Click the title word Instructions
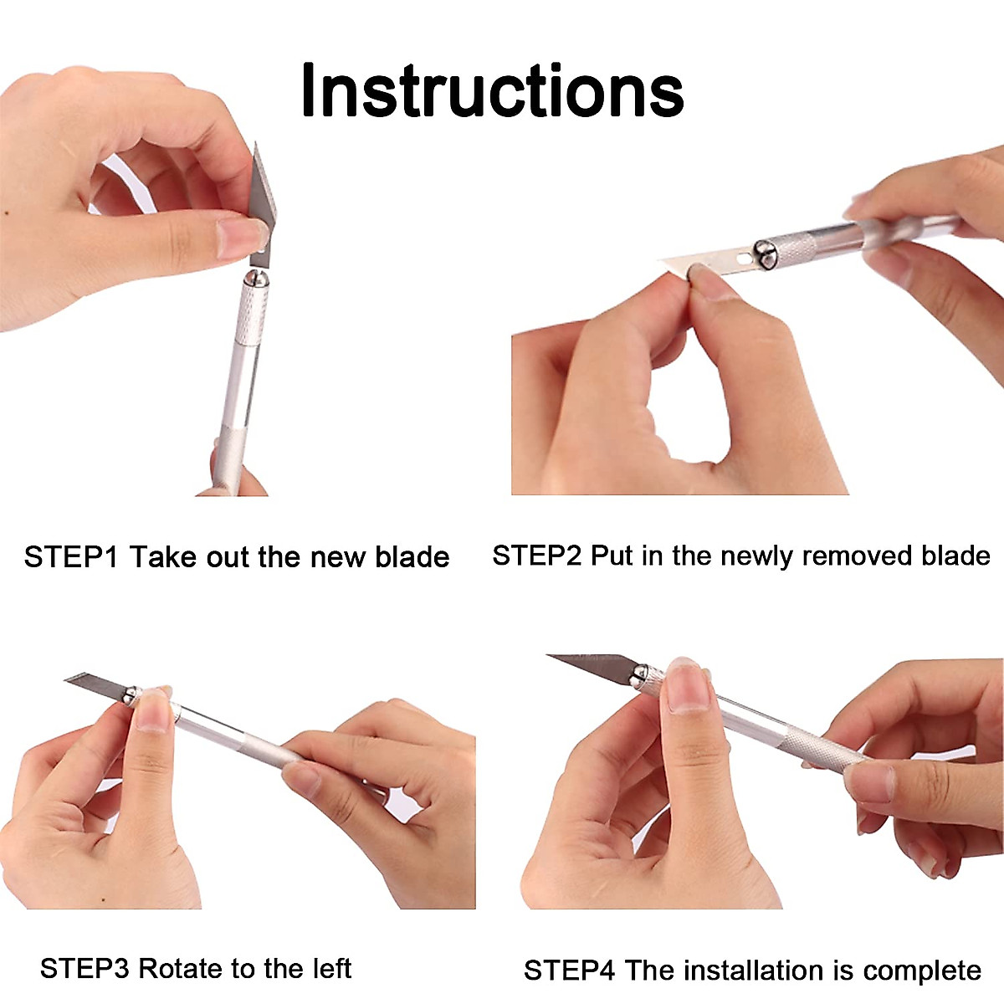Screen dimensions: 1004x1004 [492, 90]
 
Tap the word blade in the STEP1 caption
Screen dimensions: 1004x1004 [412, 557]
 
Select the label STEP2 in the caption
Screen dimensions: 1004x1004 [536, 556]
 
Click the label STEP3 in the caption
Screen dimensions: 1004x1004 [85, 969]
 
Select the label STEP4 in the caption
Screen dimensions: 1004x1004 [569, 971]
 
